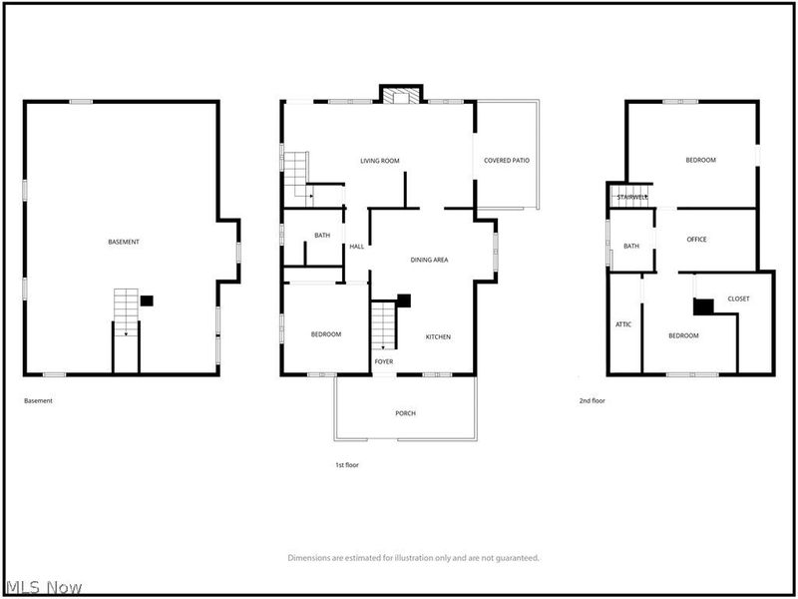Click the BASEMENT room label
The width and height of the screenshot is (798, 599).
click(x=124, y=243)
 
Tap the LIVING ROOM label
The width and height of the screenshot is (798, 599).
click(x=379, y=161)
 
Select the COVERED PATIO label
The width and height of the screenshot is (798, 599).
click(x=507, y=161)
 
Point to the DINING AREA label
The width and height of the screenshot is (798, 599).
click(x=429, y=260)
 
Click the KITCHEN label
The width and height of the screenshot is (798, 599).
click(x=438, y=336)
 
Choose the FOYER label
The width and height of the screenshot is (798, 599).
click(x=384, y=361)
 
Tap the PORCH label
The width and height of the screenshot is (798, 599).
click(x=405, y=413)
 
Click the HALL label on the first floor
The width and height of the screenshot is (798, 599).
click(x=356, y=248)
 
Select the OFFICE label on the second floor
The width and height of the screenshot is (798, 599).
click(x=696, y=240)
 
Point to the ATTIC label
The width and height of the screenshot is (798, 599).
click(x=623, y=324)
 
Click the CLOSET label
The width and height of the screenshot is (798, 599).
click(x=738, y=299)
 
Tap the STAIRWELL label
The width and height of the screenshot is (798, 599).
click(x=632, y=198)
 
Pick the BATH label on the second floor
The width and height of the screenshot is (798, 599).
click(x=631, y=246)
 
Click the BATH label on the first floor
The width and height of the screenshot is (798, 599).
click(x=322, y=236)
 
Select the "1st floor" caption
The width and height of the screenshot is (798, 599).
click(x=347, y=465)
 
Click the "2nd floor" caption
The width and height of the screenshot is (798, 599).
click(x=593, y=400)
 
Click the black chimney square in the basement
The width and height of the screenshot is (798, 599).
click(x=147, y=299)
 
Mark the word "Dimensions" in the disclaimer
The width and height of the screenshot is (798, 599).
click(x=309, y=558)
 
